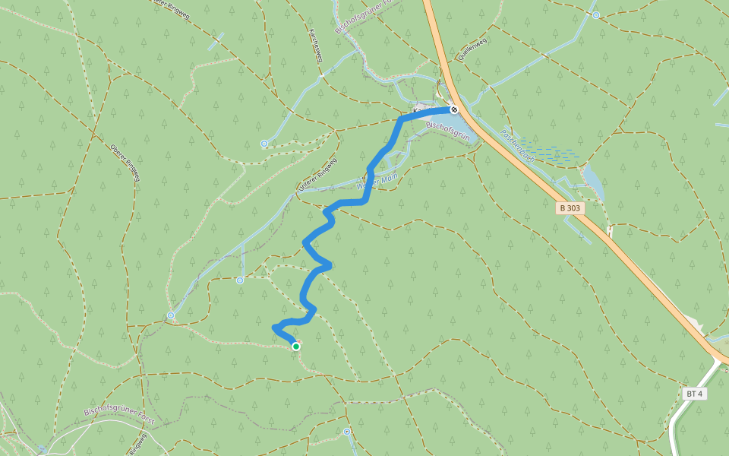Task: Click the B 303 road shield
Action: click(570, 207)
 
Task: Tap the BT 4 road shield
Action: click(694, 394)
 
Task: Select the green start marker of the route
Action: click(296, 347)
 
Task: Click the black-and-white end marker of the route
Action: click(454, 109)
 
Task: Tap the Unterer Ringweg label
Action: click(317, 176)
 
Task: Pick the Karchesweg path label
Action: click(314, 46)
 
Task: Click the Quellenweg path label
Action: click(472, 49)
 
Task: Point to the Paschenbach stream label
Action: click(518, 144)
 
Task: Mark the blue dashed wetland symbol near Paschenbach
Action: click(550, 152)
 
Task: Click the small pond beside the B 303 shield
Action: click(593, 182)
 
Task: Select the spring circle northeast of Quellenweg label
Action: click(596, 14)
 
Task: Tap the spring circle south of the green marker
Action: click(347, 432)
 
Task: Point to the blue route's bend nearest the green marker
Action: click(275, 328)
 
